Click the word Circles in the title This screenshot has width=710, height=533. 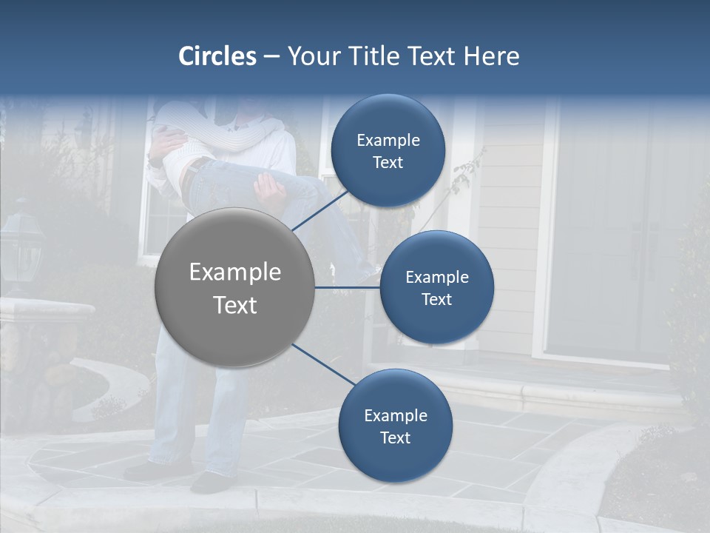point(217,56)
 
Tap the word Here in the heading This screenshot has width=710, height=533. point(491,56)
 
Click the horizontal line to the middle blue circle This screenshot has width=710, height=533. point(348,287)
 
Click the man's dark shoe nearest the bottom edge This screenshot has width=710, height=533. point(211,483)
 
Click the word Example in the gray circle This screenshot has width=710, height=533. point(234,272)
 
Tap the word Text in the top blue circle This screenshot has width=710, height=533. point(388,162)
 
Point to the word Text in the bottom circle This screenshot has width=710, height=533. point(395,438)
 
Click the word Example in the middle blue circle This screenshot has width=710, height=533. point(436,278)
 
